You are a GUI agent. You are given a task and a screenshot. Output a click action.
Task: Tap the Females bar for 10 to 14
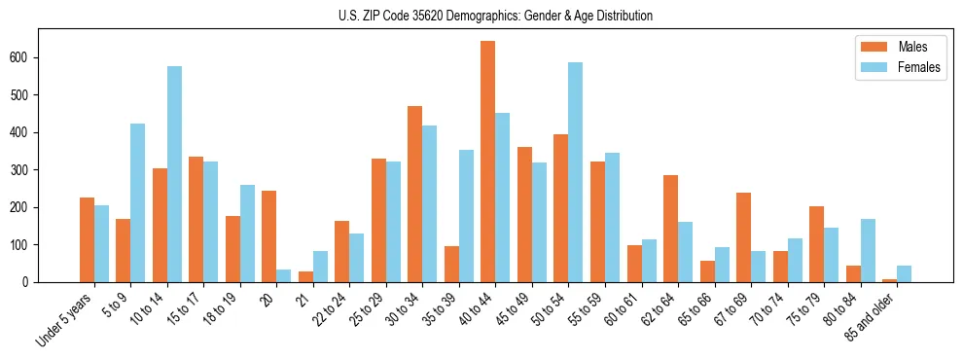tap(174, 174)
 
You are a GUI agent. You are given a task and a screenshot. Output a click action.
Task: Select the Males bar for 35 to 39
tap(451, 264)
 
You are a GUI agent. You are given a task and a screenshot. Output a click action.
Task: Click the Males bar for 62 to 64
tap(670, 229)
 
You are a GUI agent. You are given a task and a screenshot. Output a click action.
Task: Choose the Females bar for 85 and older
tap(904, 273)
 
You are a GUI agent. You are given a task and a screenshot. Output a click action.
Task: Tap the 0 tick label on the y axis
tap(31, 282)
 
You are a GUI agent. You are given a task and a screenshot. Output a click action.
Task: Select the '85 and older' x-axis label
tap(871, 315)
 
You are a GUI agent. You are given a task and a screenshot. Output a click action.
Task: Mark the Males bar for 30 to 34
tap(415, 194)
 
